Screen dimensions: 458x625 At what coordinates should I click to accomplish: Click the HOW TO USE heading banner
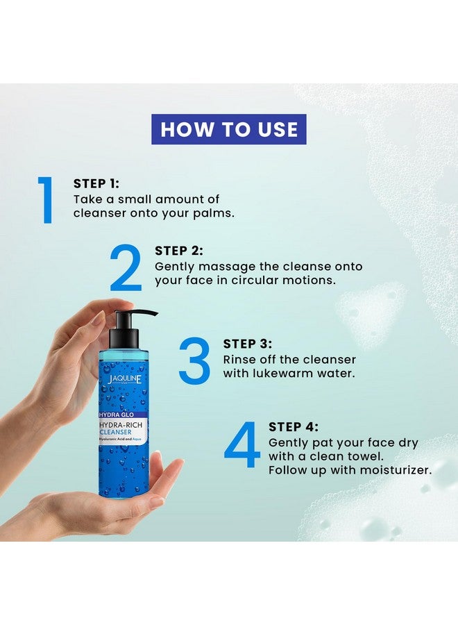click(228, 129)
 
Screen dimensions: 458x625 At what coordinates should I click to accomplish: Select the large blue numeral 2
click(126, 267)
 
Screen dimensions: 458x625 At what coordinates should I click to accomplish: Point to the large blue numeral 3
click(194, 360)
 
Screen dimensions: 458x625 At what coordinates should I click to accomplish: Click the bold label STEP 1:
click(96, 183)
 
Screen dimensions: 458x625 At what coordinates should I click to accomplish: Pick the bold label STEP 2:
click(179, 251)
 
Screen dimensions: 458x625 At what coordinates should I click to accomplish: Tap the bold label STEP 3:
click(247, 344)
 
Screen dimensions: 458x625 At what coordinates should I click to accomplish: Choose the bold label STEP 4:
click(294, 427)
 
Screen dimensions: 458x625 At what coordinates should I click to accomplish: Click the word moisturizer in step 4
click(396, 470)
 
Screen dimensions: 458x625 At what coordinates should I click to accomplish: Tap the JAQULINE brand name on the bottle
click(124, 378)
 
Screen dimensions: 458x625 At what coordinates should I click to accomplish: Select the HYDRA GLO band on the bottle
click(117, 415)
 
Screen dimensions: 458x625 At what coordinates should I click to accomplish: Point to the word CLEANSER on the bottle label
click(115, 432)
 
